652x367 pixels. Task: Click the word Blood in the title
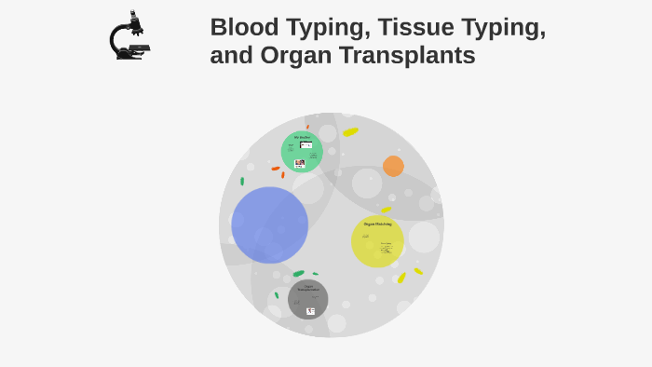tap(244, 27)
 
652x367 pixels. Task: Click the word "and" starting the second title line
tap(229, 56)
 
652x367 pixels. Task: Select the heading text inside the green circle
tap(302, 138)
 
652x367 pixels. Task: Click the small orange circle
tap(393, 166)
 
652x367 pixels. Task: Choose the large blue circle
tap(269, 224)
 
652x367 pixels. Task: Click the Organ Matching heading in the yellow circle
tap(377, 224)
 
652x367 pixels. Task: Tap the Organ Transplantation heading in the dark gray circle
tap(308, 288)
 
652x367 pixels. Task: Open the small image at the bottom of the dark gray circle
tap(310, 311)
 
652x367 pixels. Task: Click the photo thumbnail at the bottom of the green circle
tap(300, 163)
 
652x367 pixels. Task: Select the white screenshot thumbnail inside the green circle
tap(306, 145)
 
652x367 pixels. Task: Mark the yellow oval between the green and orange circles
tap(350, 132)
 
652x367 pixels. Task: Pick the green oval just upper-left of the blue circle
tap(242, 182)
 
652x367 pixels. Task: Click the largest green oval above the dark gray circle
tap(298, 274)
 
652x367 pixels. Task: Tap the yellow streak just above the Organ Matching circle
tap(386, 211)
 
